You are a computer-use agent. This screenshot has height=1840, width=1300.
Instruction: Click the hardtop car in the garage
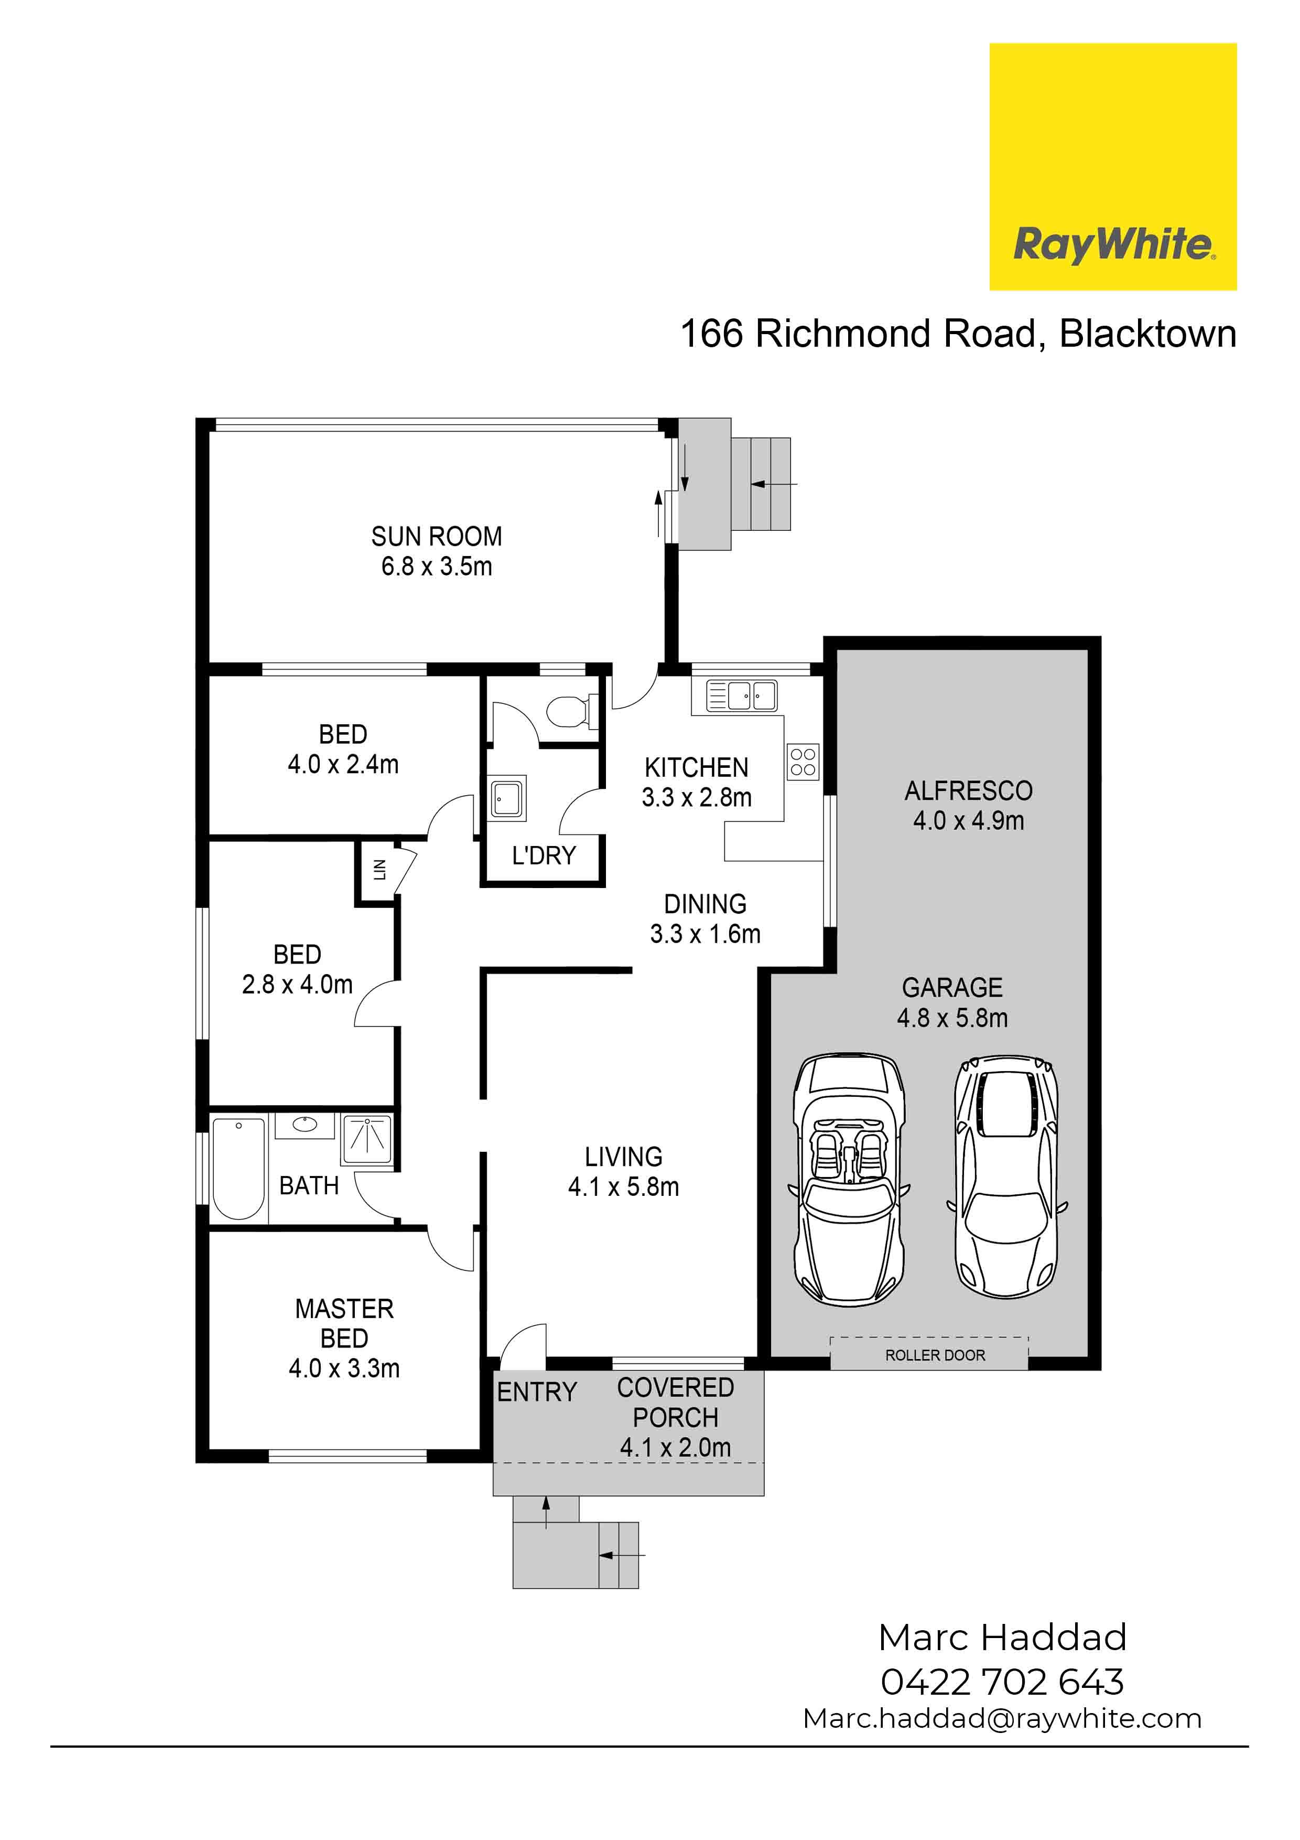tap(1007, 1176)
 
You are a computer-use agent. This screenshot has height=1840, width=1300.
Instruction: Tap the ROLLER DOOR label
tap(935, 1355)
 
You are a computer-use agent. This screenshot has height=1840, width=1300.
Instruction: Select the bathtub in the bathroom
tap(239, 1169)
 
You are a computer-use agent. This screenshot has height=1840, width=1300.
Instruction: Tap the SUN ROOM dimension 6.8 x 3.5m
tap(437, 566)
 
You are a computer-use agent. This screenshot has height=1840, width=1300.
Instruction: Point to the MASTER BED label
tap(344, 1323)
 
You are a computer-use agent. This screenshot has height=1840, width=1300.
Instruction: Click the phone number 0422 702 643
tap(1003, 1682)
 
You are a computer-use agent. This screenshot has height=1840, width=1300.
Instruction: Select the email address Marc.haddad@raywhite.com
tap(1003, 1719)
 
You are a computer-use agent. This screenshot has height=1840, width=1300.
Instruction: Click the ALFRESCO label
tap(968, 791)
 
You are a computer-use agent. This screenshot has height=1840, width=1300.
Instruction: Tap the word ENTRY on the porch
tap(537, 1392)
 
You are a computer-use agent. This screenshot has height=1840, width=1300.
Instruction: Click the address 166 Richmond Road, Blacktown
tap(958, 334)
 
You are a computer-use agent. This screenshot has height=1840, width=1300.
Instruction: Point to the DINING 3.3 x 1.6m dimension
tap(705, 934)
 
